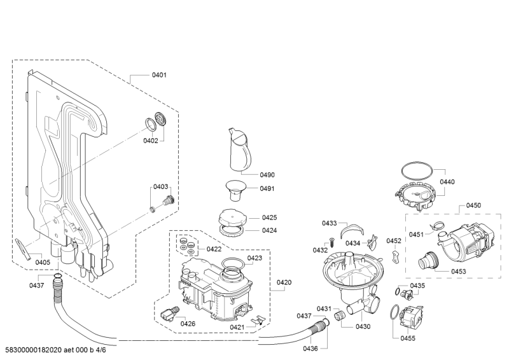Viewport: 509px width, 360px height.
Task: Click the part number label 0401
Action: coord(158,75)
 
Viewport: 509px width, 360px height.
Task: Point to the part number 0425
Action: coord(269,218)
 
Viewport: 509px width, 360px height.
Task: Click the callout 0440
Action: coord(447,182)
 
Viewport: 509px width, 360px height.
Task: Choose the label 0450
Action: coord(473,205)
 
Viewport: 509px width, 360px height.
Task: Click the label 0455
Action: coord(408,338)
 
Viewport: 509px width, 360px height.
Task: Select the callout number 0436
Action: coord(310,349)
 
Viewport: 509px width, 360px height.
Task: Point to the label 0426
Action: coord(188,324)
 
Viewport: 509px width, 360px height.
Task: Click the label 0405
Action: coord(43,262)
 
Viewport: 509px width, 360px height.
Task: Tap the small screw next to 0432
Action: coord(331,241)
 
